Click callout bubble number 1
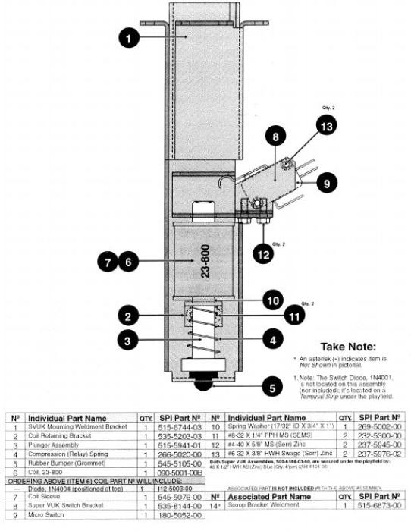tap(130, 35)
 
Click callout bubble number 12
tap(262, 255)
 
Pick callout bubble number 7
tap(108, 262)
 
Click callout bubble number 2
tap(130, 316)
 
